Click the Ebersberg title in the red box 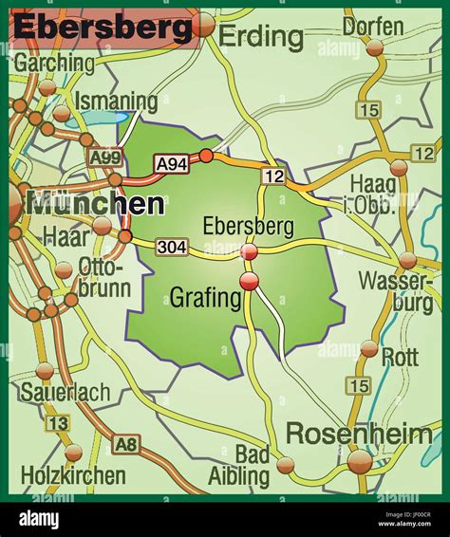[x=102, y=28]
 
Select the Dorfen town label [x=372, y=26]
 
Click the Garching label [x=54, y=64]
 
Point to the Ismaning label [x=116, y=101]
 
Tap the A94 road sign [x=172, y=164]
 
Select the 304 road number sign [x=173, y=248]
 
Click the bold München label [x=96, y=203]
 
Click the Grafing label [x=205, y=299]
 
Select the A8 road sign [x=125, y=444]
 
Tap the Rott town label [x=400, y=356]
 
